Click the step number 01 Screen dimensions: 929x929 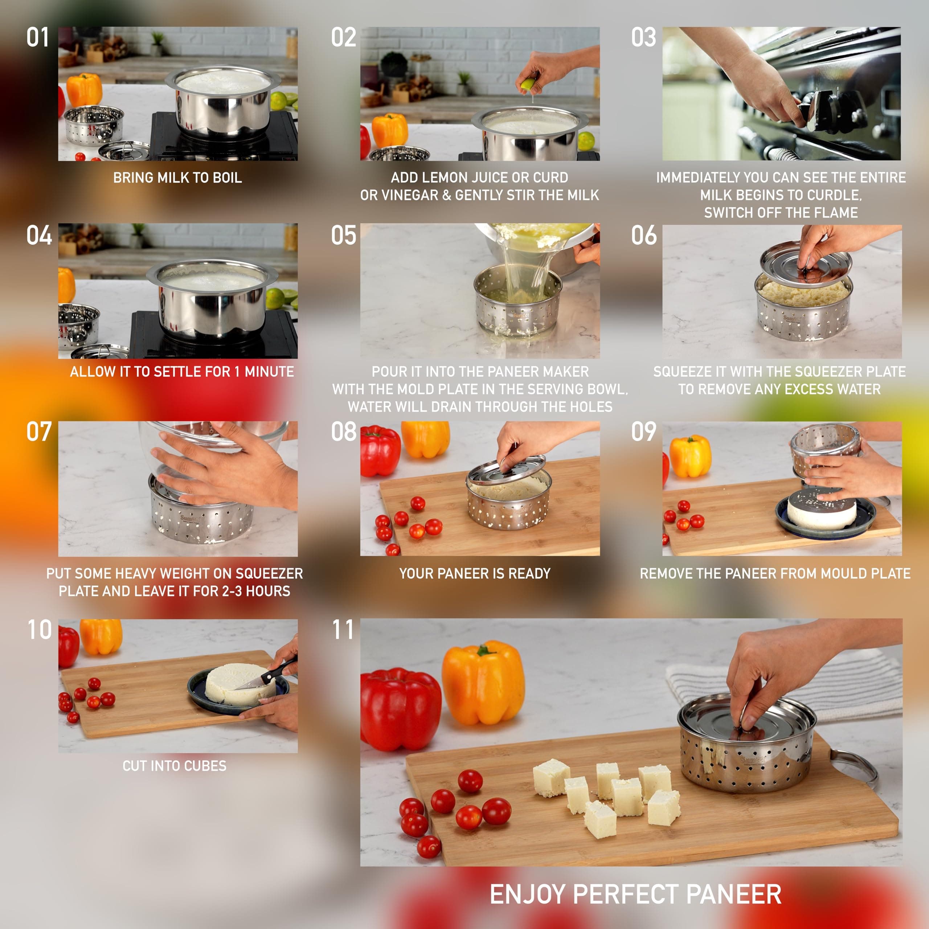(37, 37)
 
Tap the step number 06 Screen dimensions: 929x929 (644, 236)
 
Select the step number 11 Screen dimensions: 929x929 (343, 630)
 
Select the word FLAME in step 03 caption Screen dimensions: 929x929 (835, 213)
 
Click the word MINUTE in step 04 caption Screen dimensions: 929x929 (269, 372)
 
